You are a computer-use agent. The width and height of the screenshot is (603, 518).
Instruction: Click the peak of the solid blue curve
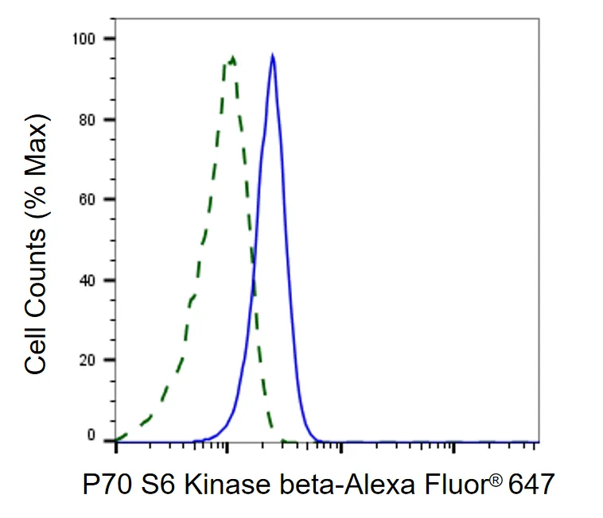(x=273, y=55)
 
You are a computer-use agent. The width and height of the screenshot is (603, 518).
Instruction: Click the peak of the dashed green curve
(x=232, y=57)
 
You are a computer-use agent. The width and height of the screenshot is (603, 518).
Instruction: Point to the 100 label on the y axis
(x=84, y=38)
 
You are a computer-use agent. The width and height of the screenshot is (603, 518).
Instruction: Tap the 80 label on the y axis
(x=87, y=120)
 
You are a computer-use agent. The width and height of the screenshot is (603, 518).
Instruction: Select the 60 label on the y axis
(x=87, y=199)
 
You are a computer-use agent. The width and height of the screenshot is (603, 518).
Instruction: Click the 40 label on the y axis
(x=87, y=280)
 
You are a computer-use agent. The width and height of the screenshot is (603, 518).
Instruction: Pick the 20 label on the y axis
(x=87, y=360)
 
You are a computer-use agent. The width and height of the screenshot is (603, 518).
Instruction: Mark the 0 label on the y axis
(x=91, y=435)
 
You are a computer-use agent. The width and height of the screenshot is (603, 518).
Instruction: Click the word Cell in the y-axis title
(x=35, y=354)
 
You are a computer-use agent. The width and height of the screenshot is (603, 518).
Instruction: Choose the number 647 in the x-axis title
(x=531, y=484)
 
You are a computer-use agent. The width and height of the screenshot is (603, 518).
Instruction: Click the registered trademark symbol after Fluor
(x=497, y=480)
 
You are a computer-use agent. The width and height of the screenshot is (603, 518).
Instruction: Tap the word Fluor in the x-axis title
(x=457, y=484)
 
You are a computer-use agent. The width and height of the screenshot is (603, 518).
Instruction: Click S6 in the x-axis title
(x=158, y=484)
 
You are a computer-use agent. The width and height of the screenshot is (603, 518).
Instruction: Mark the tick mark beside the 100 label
(x=109, y=38)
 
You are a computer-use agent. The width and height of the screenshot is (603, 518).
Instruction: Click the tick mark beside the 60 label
(x=109, y=199)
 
